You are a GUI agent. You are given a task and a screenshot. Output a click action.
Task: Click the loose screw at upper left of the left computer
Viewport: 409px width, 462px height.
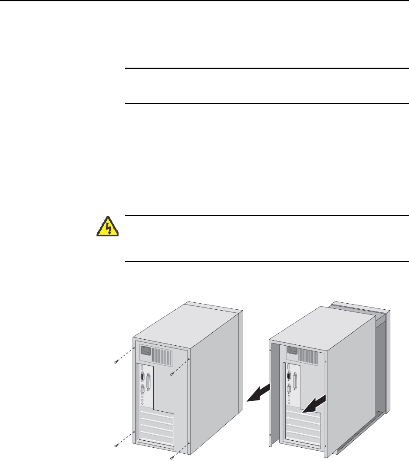pyautogui.click(x=115, y=361)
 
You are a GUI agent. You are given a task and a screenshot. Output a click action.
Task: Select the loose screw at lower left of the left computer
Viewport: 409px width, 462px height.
pyautogui.click(x=115, y=445)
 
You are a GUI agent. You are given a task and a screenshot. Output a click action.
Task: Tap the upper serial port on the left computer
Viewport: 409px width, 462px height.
pyautogui.click(x=142, y=377)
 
